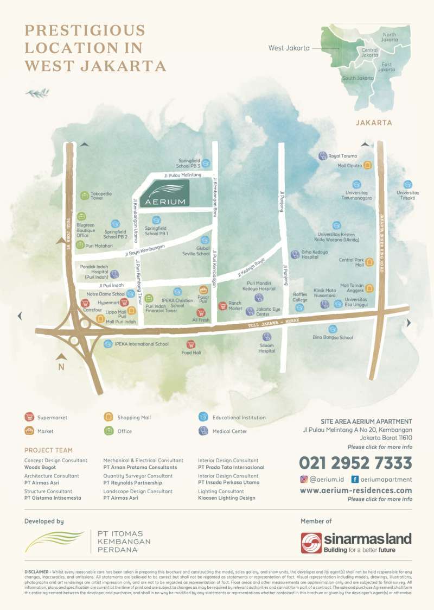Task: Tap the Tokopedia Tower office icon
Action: (x=84, y=195)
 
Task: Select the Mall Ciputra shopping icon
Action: (x=367, y=165)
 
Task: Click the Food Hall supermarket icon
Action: (x=190, y=344)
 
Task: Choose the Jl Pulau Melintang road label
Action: (x=183, y=175)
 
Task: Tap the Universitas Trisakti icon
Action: (x=407, y=184)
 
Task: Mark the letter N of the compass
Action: (x=61, y=367)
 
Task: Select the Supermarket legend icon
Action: (x=29, y=417)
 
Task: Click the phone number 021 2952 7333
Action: (x=355, y=463)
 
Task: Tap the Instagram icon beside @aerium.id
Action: (x=304, y=479)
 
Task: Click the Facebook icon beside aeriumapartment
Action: (x=354, y=479)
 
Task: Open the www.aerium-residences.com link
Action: (x=355, y=490)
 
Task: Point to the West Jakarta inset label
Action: (x=289, y=48)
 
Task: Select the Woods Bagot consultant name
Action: (x=39, y=467)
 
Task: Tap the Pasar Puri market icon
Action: (x=203, y=290)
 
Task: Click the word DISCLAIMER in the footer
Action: (x=36, y=572)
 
